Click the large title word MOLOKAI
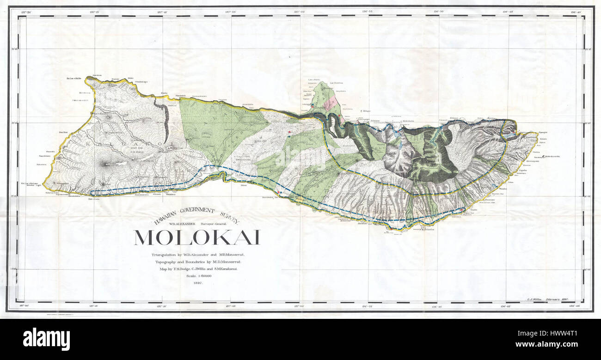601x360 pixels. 197,238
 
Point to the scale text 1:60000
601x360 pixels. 198,276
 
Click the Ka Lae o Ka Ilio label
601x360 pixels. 74,79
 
